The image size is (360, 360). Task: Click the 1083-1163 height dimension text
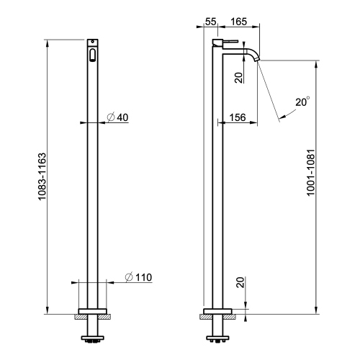coord(42,180)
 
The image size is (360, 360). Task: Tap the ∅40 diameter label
coord(117,117)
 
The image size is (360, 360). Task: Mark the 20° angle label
coord(303,103)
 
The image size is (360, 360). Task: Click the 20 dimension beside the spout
coord(239,77)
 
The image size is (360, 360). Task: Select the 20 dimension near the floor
coord(239,284)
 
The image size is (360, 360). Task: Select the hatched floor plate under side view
coord(217,315)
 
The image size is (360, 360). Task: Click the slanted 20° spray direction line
coord(270,90)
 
